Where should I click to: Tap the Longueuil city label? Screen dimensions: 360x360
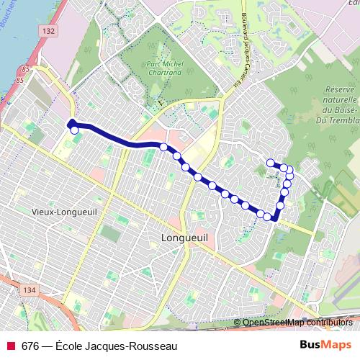(185, 238)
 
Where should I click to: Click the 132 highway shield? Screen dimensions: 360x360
(48, 32)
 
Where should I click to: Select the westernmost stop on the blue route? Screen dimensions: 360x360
(73, 130)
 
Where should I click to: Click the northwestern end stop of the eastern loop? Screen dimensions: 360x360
(271, 163)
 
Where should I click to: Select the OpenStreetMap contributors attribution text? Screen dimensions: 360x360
(297, 322)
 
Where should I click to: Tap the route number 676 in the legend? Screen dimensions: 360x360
(30, 346)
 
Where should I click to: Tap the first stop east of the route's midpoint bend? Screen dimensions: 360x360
(176, 156)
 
